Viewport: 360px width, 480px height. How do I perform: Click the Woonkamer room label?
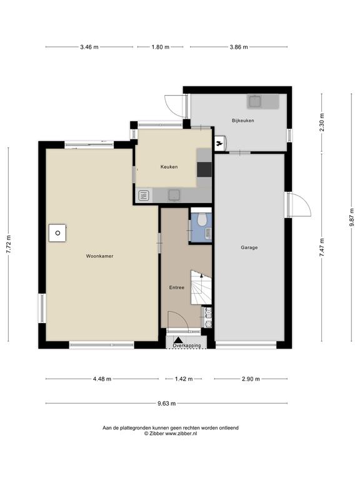pyautogui.click(x=99, y=256)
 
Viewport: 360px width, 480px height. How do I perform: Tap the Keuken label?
pyautogui.click(x=169, y=167)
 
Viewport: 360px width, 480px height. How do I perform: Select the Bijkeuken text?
pyautogui.click(x=242, y=121)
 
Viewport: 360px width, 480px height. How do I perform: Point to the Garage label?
pyautogui.click(x=249, y=247)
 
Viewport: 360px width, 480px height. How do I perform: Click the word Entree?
pyautogui.click(x=177, y=287)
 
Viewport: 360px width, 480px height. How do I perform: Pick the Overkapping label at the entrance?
pyautogui.click(x=187, y=346)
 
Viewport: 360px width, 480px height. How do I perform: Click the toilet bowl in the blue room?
pyautogui.click(x=202, y=219)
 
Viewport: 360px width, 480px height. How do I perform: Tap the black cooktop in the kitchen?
pyautogui.click(x=204, y=169)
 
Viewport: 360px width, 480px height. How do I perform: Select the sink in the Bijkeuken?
pyautogui.click(x=255, y=101)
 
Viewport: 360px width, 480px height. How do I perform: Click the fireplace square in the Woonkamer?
pyautogui.click(x=57, y=233)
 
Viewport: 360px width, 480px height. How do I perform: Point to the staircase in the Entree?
pyautogui.click(x=201, y=287)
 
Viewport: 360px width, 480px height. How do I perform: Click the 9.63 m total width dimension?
pyautogui.click(x=166, y=404)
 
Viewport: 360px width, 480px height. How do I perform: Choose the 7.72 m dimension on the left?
pyautogui.click(x=9, y=244)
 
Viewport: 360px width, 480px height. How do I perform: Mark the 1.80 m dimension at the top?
pyautogui.click(x=161, y=47)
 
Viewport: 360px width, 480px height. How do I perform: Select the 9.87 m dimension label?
pyautogui.click(x=352, y=217)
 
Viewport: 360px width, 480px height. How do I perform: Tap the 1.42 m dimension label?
pyautogui.click(x=184, y=379)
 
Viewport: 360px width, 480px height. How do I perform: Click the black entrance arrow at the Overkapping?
pyautogui.click(x=178, y=340)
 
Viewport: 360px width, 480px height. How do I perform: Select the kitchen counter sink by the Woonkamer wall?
pyautogui.click(x=174, y=195)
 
